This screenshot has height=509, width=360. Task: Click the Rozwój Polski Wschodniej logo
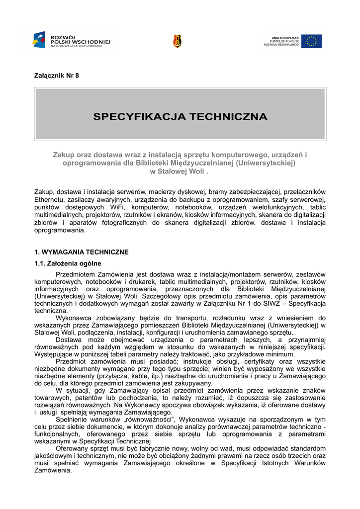point(70,40)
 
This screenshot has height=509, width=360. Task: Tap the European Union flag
point(311,41)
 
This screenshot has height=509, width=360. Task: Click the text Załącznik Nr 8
point(56,76)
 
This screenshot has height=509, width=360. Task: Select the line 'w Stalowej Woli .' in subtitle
point(180,171)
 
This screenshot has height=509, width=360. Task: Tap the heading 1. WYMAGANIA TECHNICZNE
point(81,252)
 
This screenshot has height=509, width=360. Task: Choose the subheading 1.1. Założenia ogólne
point(68,263)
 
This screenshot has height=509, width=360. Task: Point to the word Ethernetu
point(49,199)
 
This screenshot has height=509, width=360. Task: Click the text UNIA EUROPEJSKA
point(285,37)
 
